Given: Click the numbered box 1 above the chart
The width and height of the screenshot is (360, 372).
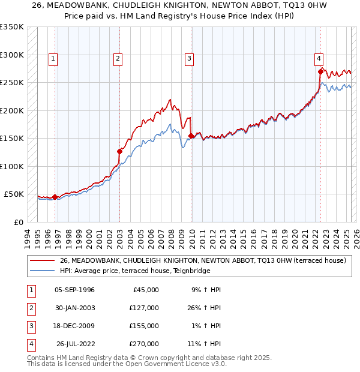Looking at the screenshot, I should coord(53,59).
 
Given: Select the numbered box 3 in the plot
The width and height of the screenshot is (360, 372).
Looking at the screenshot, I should coord(189,59).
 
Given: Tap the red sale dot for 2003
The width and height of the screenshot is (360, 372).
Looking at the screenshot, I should coord(119,151).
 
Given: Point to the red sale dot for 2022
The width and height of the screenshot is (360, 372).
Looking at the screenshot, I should coord(320,71).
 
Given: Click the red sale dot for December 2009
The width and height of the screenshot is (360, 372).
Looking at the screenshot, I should coord(191,136).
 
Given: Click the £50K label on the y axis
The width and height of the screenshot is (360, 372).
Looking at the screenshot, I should coord(14,194).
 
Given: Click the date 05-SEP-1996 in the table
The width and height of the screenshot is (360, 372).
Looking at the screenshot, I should coord(74,290).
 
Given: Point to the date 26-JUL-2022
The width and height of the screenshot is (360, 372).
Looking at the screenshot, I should coord(74,344).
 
